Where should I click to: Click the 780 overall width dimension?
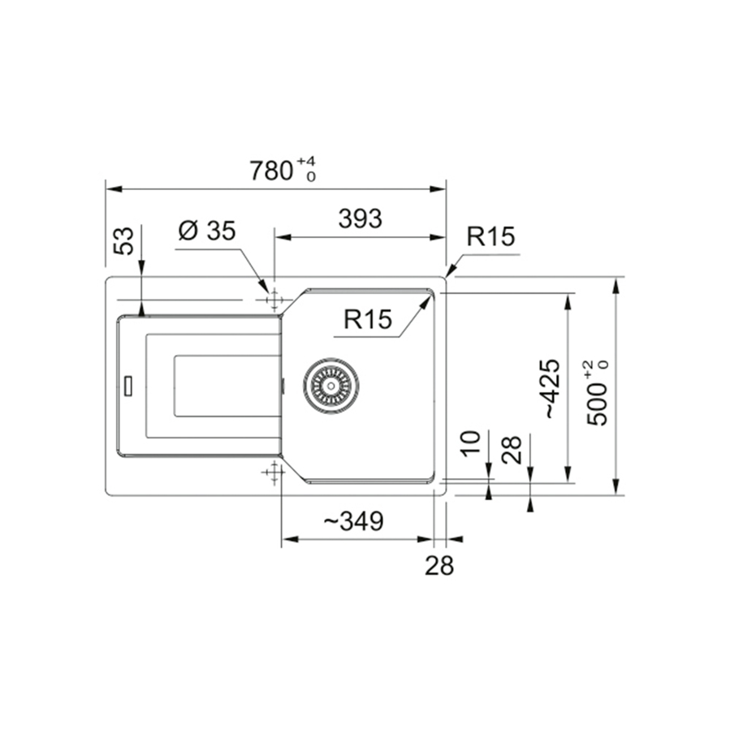point(270,171)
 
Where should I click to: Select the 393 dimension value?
point(359,218)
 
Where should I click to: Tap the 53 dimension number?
point(123,241)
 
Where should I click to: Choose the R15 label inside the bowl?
point(367,319)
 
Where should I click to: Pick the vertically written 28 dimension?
point(512,449)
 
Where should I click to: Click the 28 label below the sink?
point(439,566)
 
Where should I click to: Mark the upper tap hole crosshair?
point(274,300)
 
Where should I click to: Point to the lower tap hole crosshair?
point(274,472)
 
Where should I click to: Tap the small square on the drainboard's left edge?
point(127,384)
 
